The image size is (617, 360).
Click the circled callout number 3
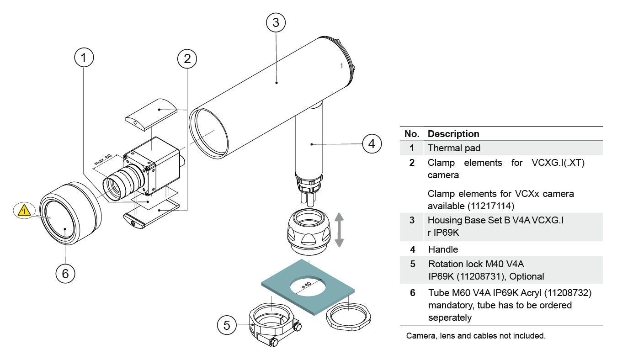tap(276, 22)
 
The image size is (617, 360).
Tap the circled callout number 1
tap(84, 58)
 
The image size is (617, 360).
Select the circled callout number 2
tap(187, 58)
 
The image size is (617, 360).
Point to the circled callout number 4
tap(372, 143)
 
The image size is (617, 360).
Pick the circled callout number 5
tap(227, 325)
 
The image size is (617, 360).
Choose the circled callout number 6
tap(65, 274)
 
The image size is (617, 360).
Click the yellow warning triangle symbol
tap(24, 211)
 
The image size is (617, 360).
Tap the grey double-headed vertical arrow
tap(339, 230)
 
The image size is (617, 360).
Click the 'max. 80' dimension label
tap(103, 159)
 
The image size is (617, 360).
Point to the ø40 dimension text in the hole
tap(306, 285)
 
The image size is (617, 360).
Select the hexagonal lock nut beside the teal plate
tap(348, 316)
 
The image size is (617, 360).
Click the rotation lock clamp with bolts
tap(275, 324)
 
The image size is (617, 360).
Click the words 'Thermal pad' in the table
tap(454, 148)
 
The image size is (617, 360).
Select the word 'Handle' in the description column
tap(443, 249)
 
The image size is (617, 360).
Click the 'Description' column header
tap(453, 133)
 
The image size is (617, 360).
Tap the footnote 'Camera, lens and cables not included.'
tap(476, 335)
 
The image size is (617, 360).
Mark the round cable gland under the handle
tap(308, 231)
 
